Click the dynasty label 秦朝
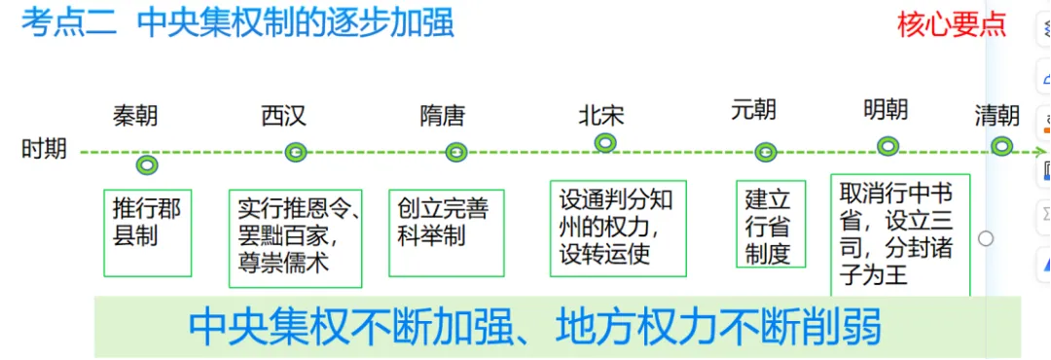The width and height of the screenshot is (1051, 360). [135, 117]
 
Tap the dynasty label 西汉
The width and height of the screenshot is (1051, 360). [283, 116]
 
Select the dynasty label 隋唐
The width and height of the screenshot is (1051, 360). [443, 116]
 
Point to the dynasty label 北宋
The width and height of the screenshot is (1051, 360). [600, 115]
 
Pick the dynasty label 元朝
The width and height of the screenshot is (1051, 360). [753, 109]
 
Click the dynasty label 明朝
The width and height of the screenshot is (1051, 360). [886, 109]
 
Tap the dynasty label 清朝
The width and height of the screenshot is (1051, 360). [997, 116]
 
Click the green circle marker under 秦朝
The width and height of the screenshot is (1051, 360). [147, 165]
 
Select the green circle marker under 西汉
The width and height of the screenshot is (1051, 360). [296, 152]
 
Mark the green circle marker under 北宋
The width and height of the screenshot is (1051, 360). [605, 143]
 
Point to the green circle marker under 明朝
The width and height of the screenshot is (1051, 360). [888, 146]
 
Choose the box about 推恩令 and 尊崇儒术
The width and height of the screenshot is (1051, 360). [296, 237]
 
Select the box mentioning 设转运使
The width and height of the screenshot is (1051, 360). [617, 228]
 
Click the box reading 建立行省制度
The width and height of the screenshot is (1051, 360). [770, 225]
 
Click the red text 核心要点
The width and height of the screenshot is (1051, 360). [951, 24]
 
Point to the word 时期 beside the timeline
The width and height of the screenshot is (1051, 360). [44, 149]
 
